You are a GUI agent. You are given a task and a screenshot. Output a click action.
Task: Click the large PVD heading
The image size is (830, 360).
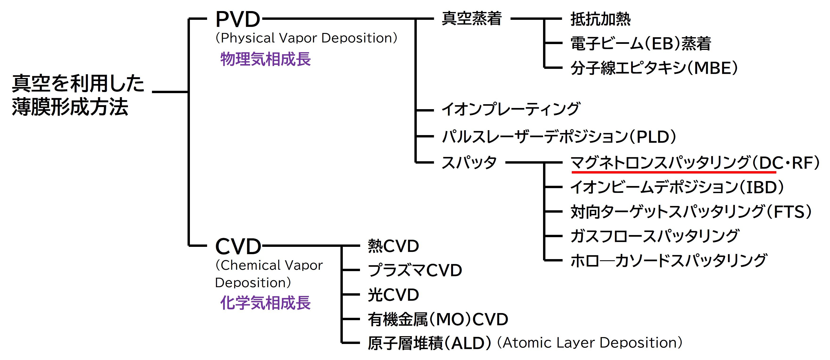pos(237,19)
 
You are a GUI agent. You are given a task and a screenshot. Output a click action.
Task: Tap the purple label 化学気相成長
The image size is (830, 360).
pos(266,303)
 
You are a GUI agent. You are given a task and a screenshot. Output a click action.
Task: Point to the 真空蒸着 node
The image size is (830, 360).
pos(472,18)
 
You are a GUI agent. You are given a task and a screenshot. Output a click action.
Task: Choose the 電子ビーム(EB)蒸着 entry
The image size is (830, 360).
pos(641,44)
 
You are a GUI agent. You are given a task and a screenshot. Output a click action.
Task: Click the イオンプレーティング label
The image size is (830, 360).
pos(511,109)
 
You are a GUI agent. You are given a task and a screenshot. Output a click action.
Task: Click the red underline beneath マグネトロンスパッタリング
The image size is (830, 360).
pos(673,172)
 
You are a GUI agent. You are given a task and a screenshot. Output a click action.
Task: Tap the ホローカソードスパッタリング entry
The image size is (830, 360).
pos(669,261)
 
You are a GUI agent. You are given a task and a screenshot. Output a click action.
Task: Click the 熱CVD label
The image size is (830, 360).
pos(393,246)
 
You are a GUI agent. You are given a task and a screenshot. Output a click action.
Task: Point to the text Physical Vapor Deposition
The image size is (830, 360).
pos(306,38)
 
